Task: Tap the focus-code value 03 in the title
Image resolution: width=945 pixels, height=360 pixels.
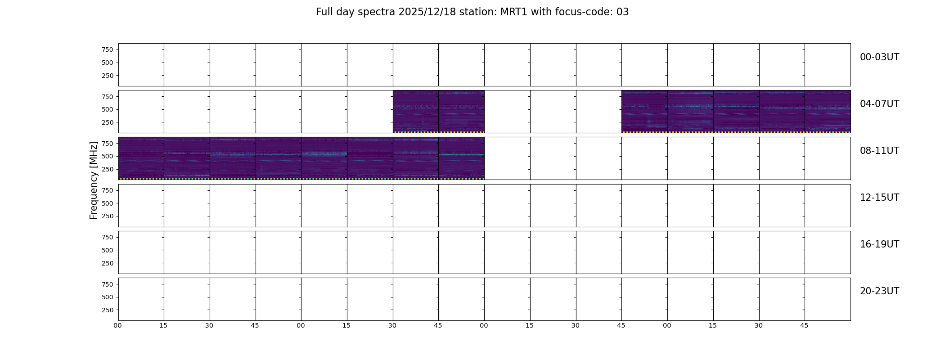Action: point(622,12)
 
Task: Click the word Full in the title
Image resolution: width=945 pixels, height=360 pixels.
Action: point(324,12)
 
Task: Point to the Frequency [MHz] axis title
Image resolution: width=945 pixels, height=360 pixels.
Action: point(94,180)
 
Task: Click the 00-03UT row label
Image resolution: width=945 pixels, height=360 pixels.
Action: point(879,57)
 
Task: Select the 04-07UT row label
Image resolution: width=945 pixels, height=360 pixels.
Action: point(879,104)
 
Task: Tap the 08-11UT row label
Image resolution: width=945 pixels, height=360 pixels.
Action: point(879,151)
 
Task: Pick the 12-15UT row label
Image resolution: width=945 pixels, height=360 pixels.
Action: point(879,198)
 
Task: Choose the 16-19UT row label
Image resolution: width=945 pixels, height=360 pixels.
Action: point(879,244)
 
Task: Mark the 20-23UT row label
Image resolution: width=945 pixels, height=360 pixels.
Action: point(879,291)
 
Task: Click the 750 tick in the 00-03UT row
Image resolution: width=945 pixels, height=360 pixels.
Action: point(108,49)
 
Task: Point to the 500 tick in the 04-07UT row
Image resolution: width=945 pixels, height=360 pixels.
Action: point(108,109)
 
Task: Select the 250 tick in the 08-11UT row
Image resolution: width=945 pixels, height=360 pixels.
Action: point(108,169)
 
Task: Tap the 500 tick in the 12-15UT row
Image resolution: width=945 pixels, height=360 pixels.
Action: point(108,203)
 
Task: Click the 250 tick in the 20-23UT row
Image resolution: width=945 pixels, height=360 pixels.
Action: point(108,310)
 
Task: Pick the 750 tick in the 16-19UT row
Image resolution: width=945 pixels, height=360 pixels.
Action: point(108,237)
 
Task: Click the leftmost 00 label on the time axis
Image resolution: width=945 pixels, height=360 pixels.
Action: point(118,325)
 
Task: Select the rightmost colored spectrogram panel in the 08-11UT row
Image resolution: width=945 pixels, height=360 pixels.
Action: point(462,158)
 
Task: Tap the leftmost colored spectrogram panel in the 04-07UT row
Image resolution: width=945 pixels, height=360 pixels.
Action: point(416,112)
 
